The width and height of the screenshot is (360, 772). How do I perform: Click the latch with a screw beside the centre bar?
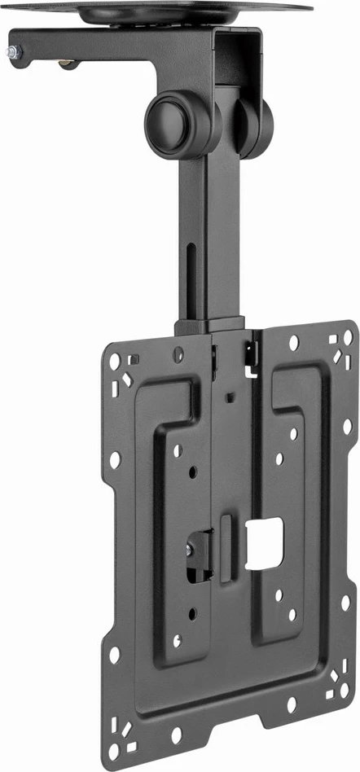198,553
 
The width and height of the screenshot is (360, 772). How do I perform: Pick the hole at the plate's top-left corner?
115,360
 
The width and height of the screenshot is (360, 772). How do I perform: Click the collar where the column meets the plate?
210,327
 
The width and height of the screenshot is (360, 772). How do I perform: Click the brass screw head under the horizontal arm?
70,64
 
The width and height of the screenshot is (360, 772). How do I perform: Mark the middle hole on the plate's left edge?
114,460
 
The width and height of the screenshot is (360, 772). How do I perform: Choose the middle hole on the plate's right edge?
346,427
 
